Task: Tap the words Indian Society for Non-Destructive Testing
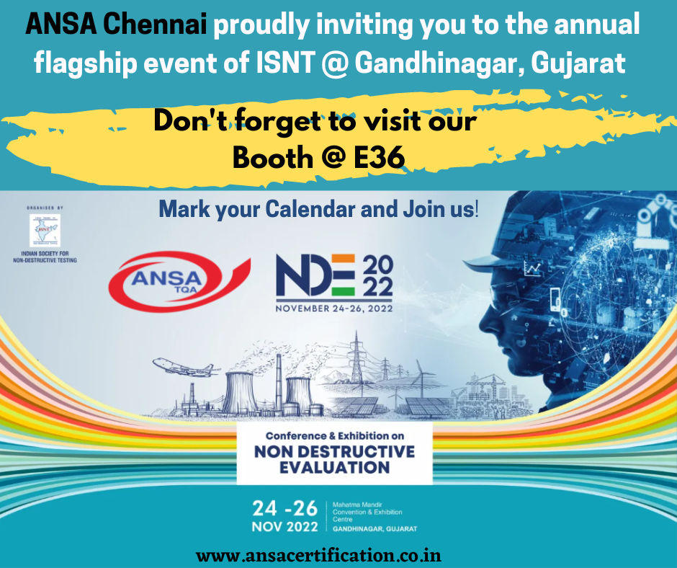pyautogui.click(x=45, y=257)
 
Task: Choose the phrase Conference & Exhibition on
pyautogui.click(x=335, y=436)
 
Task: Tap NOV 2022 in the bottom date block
pyautogui.click(x=284, y=527)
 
